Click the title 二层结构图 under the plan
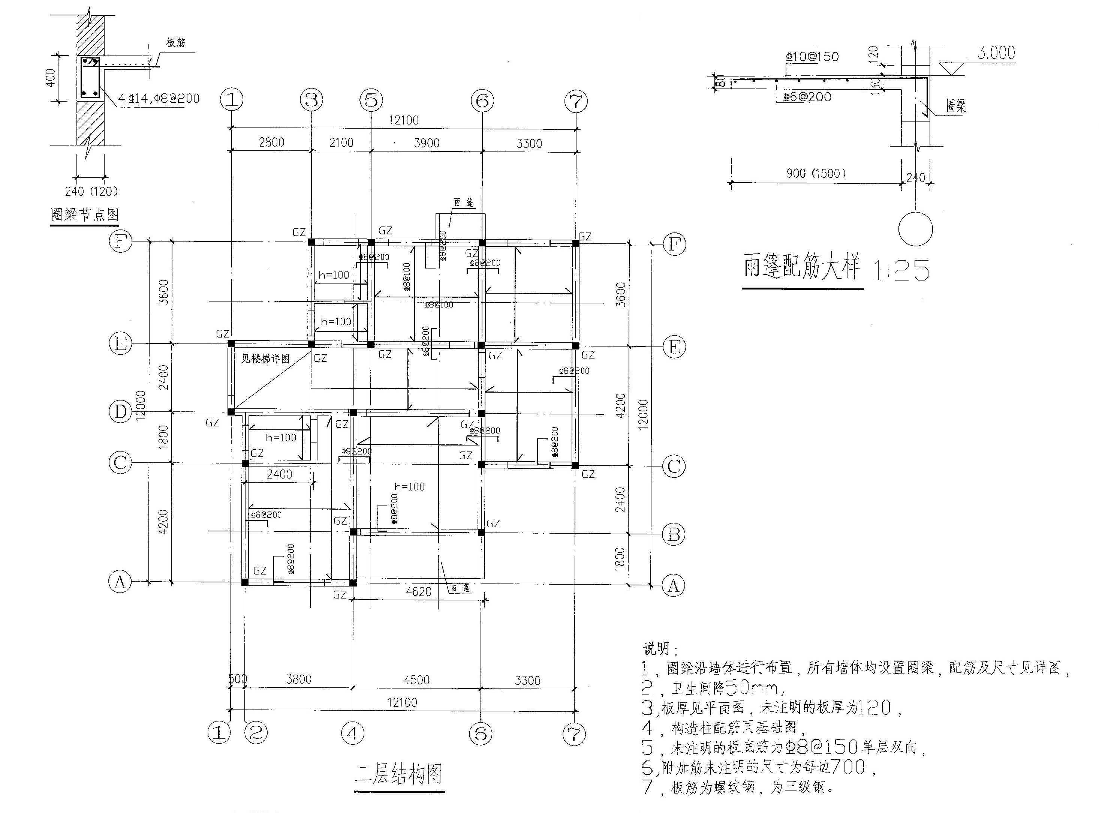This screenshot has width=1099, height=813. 398,774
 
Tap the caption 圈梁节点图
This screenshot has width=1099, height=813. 85,214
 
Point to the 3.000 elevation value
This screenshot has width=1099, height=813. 996,52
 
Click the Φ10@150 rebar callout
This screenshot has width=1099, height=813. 812,57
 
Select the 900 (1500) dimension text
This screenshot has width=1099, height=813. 816,173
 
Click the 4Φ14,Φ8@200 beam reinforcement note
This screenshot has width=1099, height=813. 159,98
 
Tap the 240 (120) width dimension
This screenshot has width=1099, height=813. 91,191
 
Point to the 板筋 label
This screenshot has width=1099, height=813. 176,43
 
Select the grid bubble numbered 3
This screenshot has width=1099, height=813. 311,100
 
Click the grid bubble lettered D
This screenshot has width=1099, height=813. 120,411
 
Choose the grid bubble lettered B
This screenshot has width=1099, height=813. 674,534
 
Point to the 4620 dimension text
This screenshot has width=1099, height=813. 418,591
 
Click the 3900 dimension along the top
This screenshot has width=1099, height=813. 426,143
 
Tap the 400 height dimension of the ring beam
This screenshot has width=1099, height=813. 51,78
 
